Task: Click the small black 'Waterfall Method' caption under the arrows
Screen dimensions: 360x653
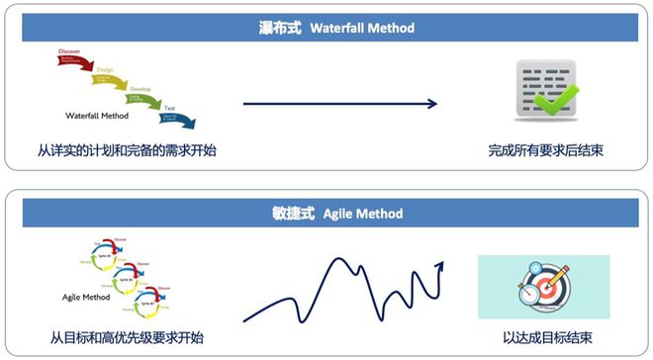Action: click(102, 114)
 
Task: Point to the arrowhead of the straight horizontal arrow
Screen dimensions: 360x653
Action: click(432, 102)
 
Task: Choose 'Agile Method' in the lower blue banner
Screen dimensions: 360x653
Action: click(363, 213)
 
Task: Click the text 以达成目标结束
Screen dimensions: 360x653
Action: click(545, 337)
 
